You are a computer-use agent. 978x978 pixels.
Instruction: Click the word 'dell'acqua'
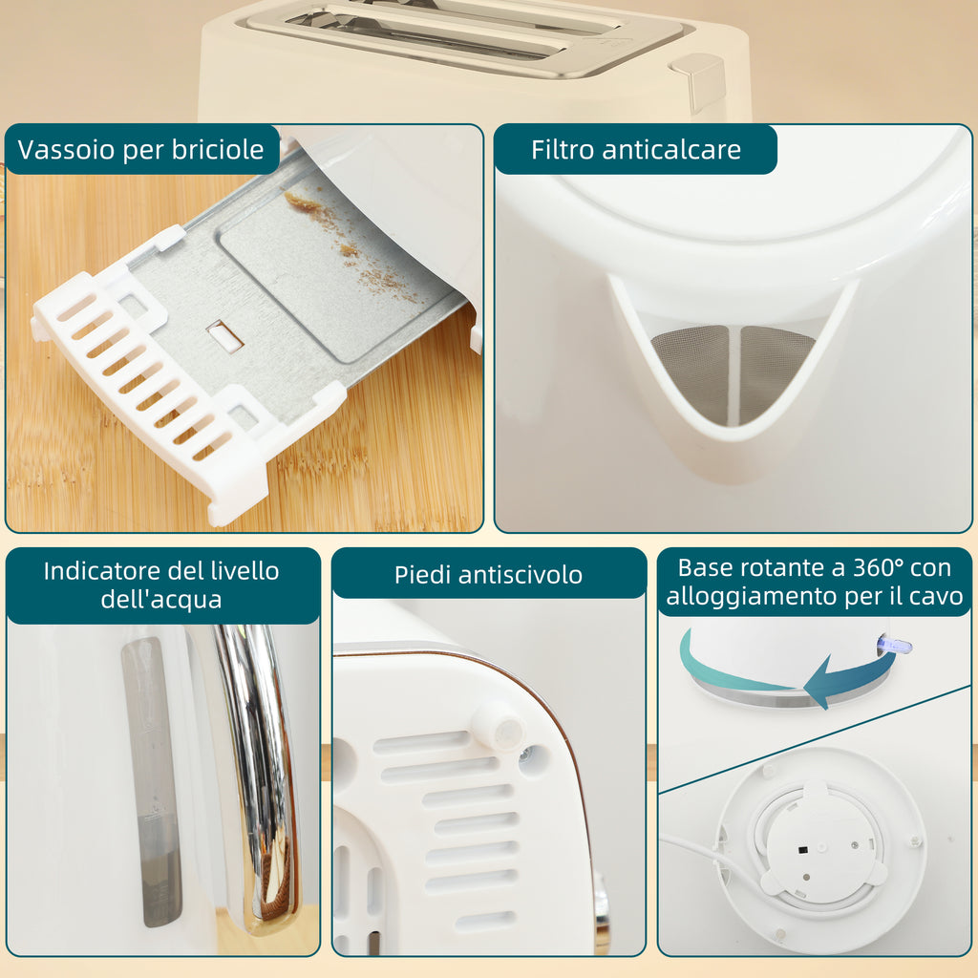point(160,600)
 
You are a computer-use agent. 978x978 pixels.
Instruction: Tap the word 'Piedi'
point(422,575)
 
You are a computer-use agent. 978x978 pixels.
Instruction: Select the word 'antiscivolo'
point(521,575)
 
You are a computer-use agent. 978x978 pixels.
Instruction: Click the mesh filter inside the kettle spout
point(733,372)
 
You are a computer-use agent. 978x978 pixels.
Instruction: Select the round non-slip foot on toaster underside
point(498,726)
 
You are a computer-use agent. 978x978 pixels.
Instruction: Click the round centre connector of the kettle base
point(817,848)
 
